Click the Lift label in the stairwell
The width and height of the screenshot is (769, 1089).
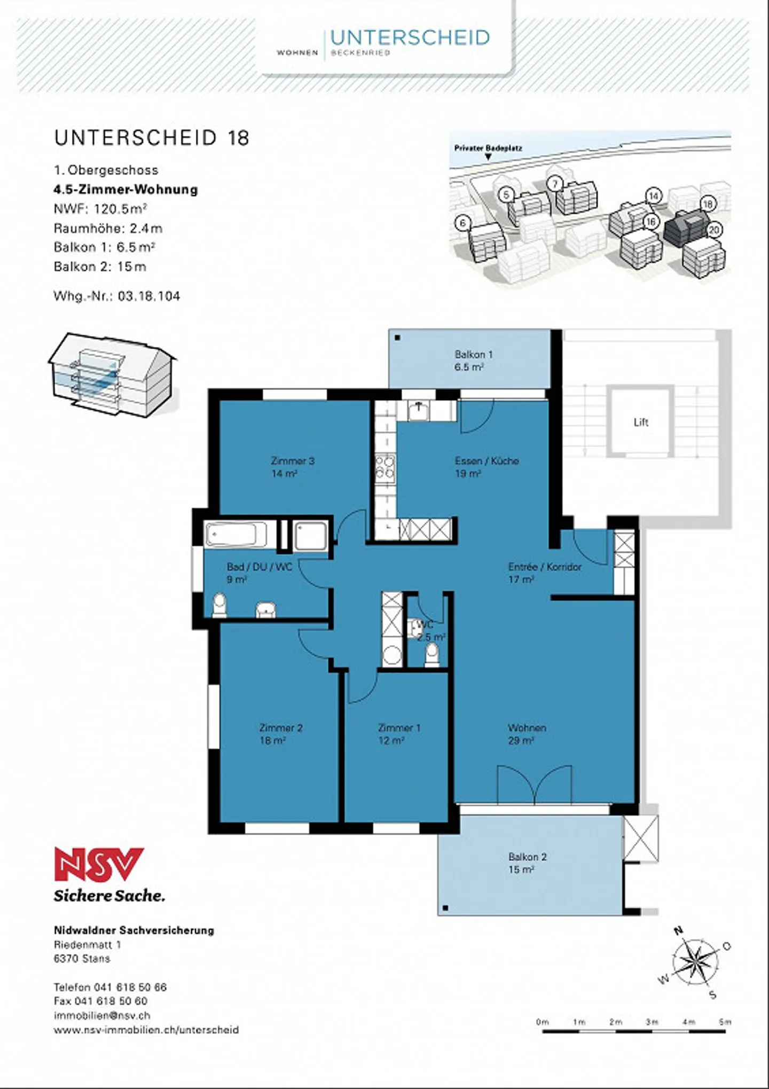click(x=641, y=422)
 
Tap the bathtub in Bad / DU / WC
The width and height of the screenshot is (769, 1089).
click(x=237, y=535)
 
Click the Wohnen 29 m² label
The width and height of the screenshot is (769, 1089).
click(x=527, y=734)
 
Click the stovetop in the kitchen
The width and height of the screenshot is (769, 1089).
click(x=385, y=468)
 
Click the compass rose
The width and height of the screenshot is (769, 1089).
click(x=695, y=963)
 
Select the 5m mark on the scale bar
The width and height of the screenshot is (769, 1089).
click(x=725, y=1022)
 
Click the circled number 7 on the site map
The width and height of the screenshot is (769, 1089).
click(x=555, y=184)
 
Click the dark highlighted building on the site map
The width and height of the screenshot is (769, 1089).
click(x=687, y=228)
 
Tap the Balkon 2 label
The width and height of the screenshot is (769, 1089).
click(x=527, y=863)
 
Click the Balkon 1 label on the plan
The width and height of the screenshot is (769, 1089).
click(x=473, y=361)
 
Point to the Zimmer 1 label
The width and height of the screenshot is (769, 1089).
click(x=399, y=734)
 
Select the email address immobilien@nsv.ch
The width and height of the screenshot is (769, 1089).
click(x=102, y=1015)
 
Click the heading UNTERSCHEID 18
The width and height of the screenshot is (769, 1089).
click(x=152, y=138)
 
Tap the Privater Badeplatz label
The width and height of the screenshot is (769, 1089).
click(x=488, y=148)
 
